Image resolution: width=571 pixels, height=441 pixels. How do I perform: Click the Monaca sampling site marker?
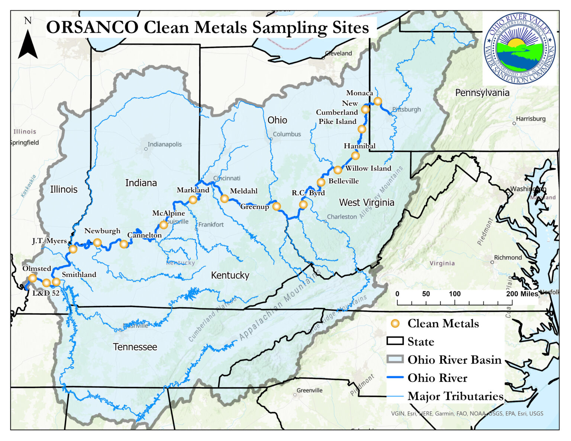[x=378, y=101]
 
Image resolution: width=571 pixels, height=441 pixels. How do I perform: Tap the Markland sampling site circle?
[x=193, y=200]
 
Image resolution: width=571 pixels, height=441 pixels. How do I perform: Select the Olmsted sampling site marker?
[x=33, y=278]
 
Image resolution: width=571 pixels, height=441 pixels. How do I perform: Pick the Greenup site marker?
[x=277, y=206]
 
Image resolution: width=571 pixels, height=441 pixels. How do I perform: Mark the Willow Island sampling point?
[x=338, y=170]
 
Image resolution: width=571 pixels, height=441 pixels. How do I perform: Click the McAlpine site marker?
[x=164, y=225]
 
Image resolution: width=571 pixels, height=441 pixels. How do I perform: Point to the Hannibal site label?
[x=359, y=146]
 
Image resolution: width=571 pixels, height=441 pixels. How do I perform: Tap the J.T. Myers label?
[x=49, y=241]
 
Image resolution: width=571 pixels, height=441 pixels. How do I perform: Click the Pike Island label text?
[x=338, y=121]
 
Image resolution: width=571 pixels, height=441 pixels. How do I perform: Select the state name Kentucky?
[x=230, y=275]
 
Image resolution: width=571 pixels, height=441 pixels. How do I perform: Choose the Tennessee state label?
[x=135, y=347]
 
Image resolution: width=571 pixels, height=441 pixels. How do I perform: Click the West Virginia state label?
[x=367, y=202]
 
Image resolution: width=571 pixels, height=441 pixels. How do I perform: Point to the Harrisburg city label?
[x=530, y=119]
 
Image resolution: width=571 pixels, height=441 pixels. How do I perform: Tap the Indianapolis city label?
[x=165, y=144]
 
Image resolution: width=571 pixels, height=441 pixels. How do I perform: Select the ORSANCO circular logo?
[x=520, y=48]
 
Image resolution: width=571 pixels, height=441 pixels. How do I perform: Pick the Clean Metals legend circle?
[x=396, y=324]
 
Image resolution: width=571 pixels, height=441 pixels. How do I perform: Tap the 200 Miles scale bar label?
[x=522, y=294]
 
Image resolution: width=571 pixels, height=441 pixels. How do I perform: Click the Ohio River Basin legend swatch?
[x=395, y=359]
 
